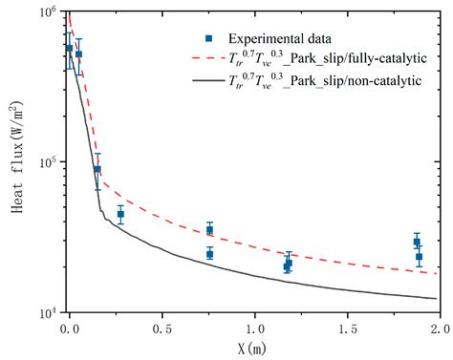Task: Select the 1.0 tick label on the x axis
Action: click(x=254, y=328)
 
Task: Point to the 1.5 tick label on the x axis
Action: click(x=347, y=328)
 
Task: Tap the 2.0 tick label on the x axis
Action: click(x=439, y=328)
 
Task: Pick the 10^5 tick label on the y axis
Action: click(x=46, y=162)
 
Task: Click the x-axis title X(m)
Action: click(x=253, y=349)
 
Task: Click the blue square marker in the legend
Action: click(x=207, y=38)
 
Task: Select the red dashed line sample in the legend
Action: click(x=207, y=60)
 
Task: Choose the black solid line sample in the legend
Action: click(x=207, y=83)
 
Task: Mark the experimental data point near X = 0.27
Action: click(x=120, y=215)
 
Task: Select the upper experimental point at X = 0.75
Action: click(x=209, y=229)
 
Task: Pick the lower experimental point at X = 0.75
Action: click(x=209, y=254)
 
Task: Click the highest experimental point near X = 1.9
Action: click(x=416, y=242)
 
